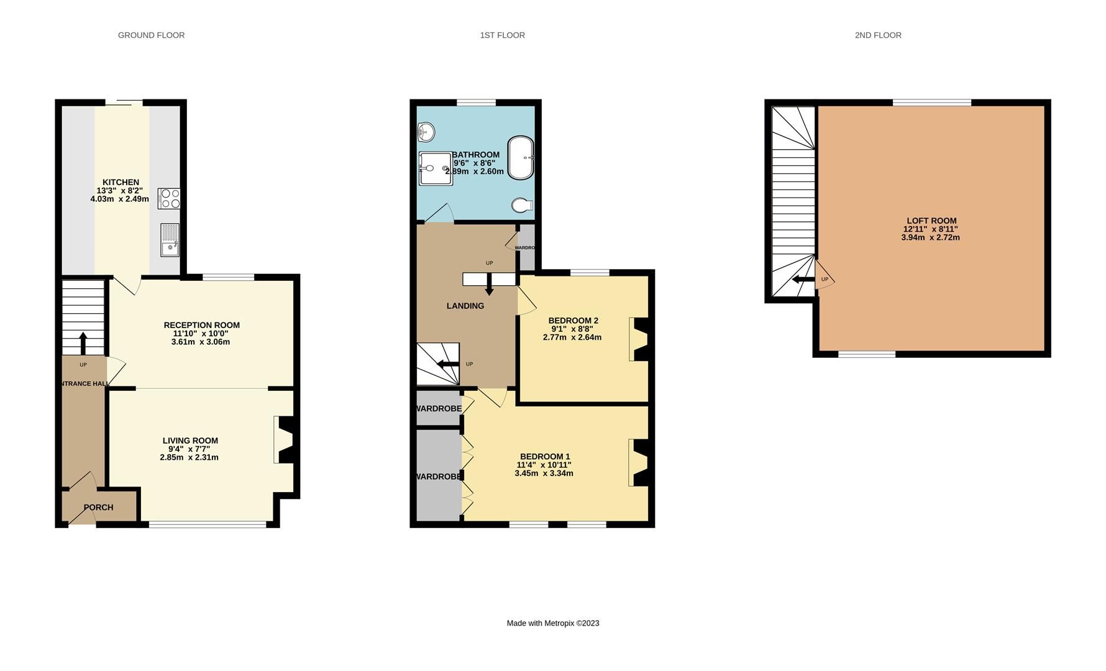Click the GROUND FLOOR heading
tap(151, 35)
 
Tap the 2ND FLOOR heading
tap(877, 35)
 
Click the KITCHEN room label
tap(121, 182)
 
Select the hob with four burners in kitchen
tap(169, 198)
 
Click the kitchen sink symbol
tap(169, 240)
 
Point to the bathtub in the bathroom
tap(521, 158)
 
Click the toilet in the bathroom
tap(521, 205)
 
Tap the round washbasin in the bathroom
tap(426, 132)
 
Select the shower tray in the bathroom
tap(435, 168)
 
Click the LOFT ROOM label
tap(931, 221)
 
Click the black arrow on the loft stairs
tap(803, 280)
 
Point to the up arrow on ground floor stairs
tap(83, 343)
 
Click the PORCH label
tap(98, 508)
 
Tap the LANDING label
tap(465, 306)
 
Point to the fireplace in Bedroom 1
tap(639, 462)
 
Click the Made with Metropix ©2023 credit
tap(552, 623)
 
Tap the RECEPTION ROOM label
tap(201, 325)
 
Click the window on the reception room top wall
tap(228, 277)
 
